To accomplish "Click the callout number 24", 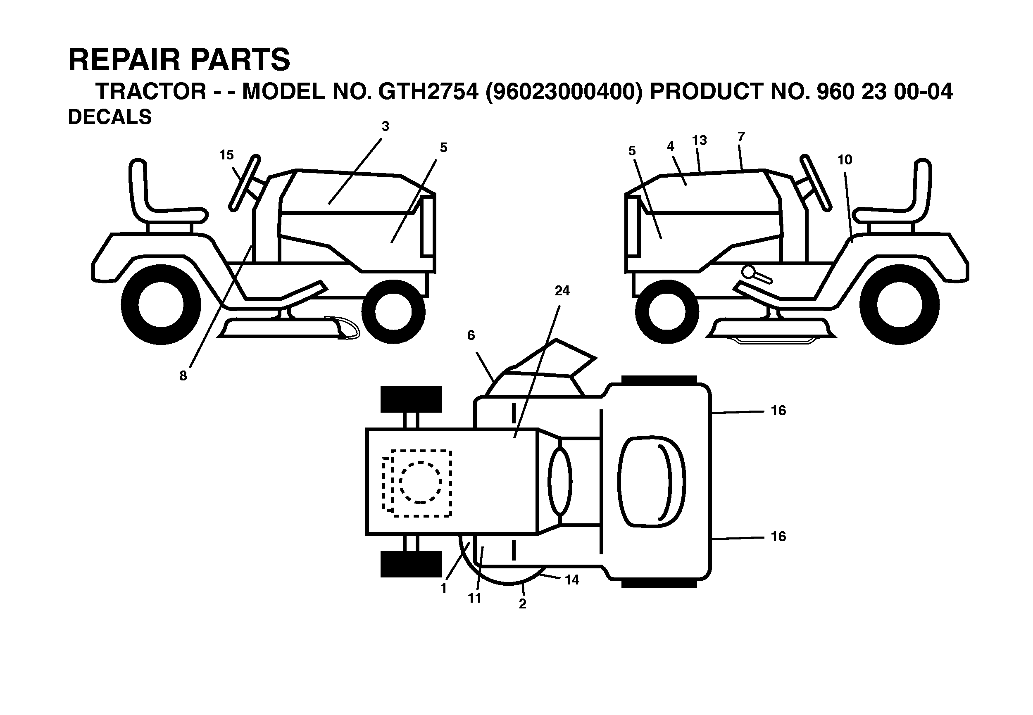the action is pos(562,291).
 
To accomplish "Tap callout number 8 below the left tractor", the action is pos(183,376).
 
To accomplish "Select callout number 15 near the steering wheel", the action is pos(226,155).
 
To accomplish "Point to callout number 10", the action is pos(845,160).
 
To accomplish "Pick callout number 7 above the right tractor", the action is pos(741,137).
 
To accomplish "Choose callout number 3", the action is pos(386,127).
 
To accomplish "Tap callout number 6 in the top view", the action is pos(471,335).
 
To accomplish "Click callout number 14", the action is pos(572,580).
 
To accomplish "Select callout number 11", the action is pos(474,598).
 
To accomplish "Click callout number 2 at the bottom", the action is pos(523,604).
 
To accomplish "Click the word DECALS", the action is pos(110,117).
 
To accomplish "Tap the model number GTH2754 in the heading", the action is pos(428,92).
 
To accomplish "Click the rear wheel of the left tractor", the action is pos(161,305).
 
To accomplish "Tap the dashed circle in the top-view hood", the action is pos(420,482).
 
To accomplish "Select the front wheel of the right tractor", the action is pos(667,311).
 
